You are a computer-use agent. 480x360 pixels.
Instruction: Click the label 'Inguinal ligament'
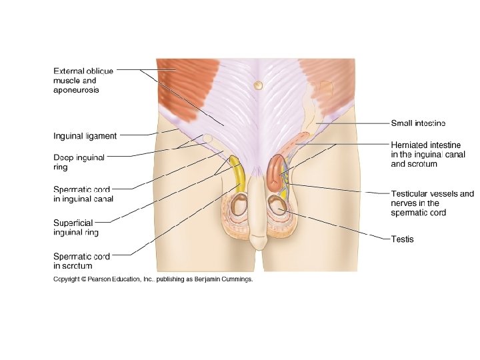pos(85,136)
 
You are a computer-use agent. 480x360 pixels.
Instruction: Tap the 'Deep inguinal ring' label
pos(79,163)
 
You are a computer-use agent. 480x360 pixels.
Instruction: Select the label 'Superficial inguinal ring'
pos(75,227)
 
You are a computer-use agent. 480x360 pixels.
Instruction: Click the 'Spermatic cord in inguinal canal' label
pos(83,193)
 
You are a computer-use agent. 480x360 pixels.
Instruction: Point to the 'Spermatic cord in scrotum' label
pos(81,261)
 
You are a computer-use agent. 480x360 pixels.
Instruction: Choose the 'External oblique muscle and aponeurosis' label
pos(83,80)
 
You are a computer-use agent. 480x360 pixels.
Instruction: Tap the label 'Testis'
pos(402,239)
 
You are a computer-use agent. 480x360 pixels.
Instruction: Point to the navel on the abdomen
pos(257,85)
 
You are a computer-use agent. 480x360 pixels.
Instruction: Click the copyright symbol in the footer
pos(83,280)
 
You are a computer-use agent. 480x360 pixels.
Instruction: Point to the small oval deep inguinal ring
pos(208,139)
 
